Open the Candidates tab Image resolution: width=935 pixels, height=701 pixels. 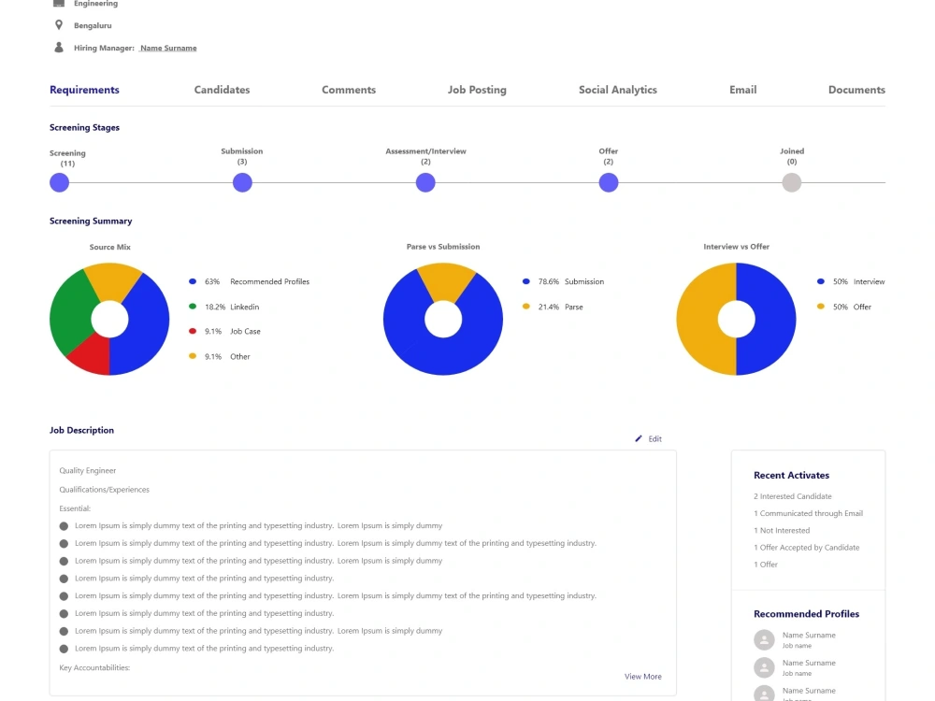[x=222, y=90]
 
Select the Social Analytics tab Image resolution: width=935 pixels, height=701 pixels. [x=618, y=90]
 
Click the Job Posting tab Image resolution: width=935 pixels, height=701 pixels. [x=477, y=90]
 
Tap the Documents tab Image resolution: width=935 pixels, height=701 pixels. [x=856, y=90]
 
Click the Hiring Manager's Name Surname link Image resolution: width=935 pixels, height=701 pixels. [x=168, y=49]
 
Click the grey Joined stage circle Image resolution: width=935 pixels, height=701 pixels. [x=791, y=182]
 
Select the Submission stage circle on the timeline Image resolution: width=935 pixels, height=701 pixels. [x=242, y=182]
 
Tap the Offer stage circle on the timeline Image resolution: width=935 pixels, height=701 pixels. [x=609, y=182]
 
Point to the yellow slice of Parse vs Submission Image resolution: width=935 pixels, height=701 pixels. [x=446, y=280]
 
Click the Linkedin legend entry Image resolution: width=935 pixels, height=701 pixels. [x=224, y=307]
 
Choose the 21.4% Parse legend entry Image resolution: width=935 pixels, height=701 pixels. [x=553, y=307]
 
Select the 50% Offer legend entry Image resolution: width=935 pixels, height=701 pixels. [x=844, y=307]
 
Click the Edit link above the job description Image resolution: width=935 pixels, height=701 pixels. [x=648, y=438]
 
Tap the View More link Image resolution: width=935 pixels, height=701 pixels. [x=643, y=677]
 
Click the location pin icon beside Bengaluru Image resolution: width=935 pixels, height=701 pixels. [x=58, y=25]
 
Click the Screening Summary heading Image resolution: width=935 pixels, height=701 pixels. [x=91, y=222]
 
